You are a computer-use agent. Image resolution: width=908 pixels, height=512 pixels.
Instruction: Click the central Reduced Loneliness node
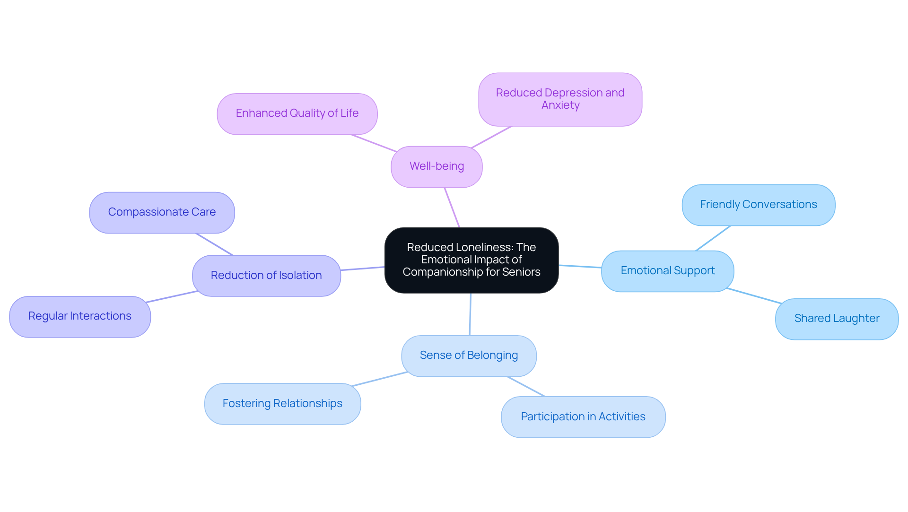pyautogui.click(x=471, y=260)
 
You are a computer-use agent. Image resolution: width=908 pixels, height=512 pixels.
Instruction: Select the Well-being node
pyautogui.click(x=437, y=166)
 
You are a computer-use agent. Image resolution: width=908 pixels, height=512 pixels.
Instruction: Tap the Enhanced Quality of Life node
pyautogui.click(x=297, y=113)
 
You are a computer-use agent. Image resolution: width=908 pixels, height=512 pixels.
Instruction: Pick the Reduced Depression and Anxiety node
pyautogui.click(x=560, y=99)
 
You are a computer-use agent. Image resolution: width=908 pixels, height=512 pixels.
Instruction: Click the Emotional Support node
pyautogui.click(x=667, y=271)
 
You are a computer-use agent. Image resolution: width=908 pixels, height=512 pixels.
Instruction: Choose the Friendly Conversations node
pyautogui.click(x=758, y=205)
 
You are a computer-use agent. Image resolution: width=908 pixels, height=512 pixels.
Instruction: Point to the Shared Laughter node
pyautogui.click(x=837, y=319)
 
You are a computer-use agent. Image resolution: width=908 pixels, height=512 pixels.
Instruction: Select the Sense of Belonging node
pyautogui.click(x=469, y=356)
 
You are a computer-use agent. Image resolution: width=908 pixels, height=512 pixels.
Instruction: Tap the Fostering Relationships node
pyautogui.click(x=282, y=404)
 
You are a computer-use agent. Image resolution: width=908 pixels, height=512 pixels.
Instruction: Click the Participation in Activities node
pyautogui.click(x=583, y=417)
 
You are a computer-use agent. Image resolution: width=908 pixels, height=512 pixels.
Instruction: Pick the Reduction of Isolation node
pyautogui.click(x=266, y=276)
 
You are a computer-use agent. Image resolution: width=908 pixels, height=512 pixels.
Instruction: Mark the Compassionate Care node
pyautogui.click(x=162, y=212)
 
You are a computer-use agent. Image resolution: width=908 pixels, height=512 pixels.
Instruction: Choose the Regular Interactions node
pyautogui.click(x=80, y=316)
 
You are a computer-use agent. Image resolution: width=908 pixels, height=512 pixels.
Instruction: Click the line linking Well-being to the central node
pyautogui.click(x=452, y=208)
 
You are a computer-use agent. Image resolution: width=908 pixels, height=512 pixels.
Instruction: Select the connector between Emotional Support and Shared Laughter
pyautogui.click(x=754, y=295)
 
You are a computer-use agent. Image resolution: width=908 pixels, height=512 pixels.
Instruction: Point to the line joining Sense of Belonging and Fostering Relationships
pyautogui.click(x=380, y=379)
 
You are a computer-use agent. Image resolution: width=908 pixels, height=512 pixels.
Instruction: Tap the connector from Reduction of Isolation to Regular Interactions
pyautogui.click(x=172, y=296)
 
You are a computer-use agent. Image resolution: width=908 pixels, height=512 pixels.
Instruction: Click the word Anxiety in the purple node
pyautogui.click(x=560, y=105)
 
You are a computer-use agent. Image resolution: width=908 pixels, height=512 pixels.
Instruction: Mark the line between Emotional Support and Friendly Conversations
pyautogui.click(x=713, y=238)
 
